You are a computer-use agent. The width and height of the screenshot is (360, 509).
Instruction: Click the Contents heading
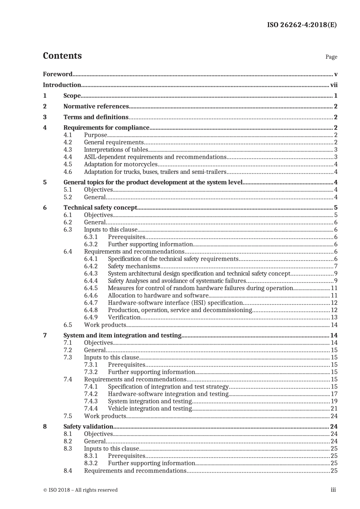pos(62,56)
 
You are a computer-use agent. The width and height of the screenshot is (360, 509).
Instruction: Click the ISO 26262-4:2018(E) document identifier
pos(302,25)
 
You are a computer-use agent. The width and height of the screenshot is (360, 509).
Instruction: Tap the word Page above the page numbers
pos(331,57)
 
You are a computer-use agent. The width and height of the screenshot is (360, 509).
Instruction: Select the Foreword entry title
pos(58,74)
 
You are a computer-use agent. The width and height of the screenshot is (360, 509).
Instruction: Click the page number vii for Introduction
pos(333,85)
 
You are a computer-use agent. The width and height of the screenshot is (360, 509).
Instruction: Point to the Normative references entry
pos(96,106)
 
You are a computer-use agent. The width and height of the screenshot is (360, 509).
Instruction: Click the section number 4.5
pos(68,164)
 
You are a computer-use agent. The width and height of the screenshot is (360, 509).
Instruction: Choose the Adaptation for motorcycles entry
pos(121,164)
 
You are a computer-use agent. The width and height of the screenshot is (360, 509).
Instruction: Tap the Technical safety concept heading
pos(100,208)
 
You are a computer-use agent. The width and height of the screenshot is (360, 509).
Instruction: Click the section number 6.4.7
pos(91,303)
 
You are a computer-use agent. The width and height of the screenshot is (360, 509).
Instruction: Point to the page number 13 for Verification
pos(334,317)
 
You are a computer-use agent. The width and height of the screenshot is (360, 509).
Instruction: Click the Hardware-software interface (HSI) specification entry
pos(175,303)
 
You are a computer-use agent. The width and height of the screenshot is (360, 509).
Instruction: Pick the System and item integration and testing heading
pos(122,336)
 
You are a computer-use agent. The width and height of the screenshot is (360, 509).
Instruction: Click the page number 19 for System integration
pos(334,401)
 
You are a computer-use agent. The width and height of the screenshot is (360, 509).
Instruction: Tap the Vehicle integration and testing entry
pos(150,409)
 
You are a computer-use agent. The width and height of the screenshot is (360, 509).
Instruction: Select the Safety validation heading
pos(88,426)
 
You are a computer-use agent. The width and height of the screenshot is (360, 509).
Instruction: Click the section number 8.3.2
pos(91,463)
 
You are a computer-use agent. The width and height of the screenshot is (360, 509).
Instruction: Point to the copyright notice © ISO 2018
pos(80,490)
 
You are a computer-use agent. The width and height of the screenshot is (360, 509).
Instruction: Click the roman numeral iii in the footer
pos(333,490)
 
